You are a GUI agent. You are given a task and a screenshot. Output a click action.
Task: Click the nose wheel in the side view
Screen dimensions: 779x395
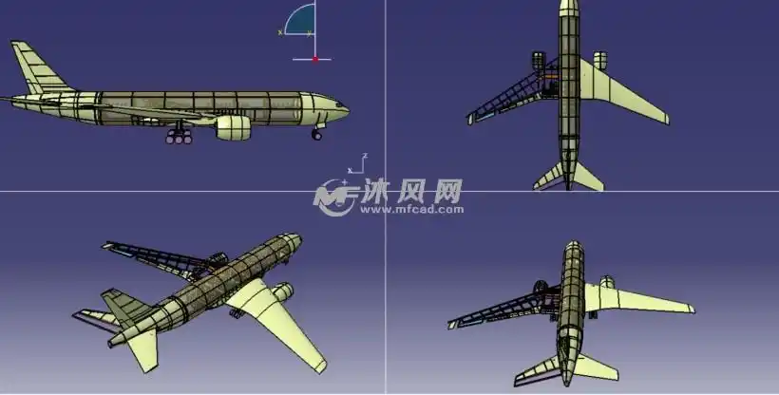pyautogui.click(x=316, y=135)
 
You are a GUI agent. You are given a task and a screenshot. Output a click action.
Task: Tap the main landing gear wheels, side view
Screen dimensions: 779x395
pyautogui.click(x=179, y=139)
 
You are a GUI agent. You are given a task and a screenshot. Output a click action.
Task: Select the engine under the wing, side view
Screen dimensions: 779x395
pyautogui.click(x=234, y=126)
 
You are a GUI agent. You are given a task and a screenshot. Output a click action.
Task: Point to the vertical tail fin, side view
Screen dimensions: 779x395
pyautogui.click(x=32, y=67)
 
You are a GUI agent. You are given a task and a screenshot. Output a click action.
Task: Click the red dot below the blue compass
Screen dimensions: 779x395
pyautogui.click(x=314, y=59)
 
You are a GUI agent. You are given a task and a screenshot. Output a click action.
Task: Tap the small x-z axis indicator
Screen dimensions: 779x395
pyautogui.click(x=357, y=164)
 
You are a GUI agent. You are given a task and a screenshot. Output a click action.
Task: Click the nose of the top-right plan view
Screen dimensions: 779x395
pyautogui.click(x=568, y=6)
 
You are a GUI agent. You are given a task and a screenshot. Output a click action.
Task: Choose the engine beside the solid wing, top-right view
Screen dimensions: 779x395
pyautogui.click(x=600, y=61)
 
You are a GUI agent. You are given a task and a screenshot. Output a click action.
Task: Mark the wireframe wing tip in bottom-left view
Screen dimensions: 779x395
pyautogui.click(x=107, y=247)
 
